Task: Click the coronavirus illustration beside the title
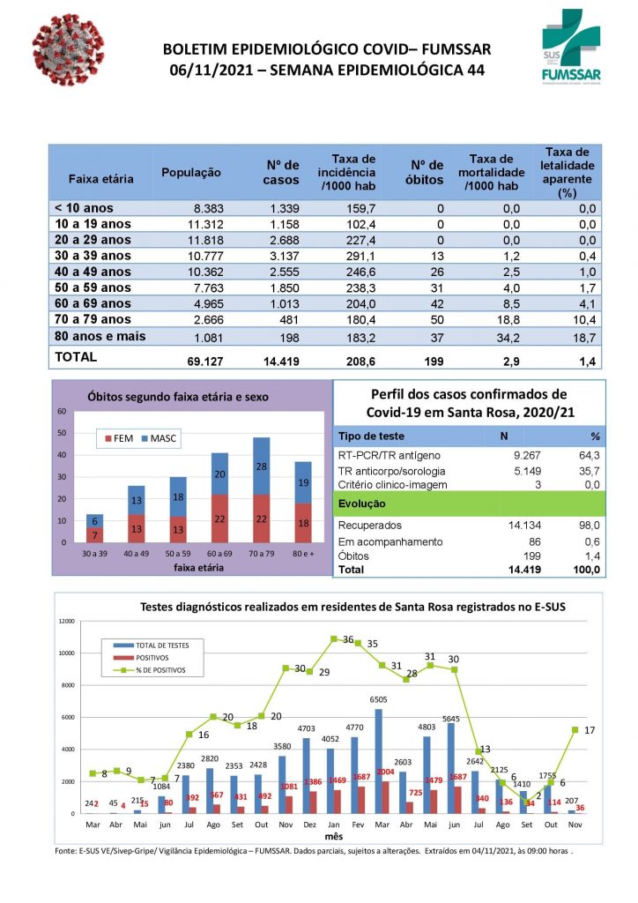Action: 67,51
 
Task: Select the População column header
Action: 191,172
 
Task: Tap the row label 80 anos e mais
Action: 100,336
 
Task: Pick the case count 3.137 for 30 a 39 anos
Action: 281,256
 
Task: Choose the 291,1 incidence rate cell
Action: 360,256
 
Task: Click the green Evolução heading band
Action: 469,503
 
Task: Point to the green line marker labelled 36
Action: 334,638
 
